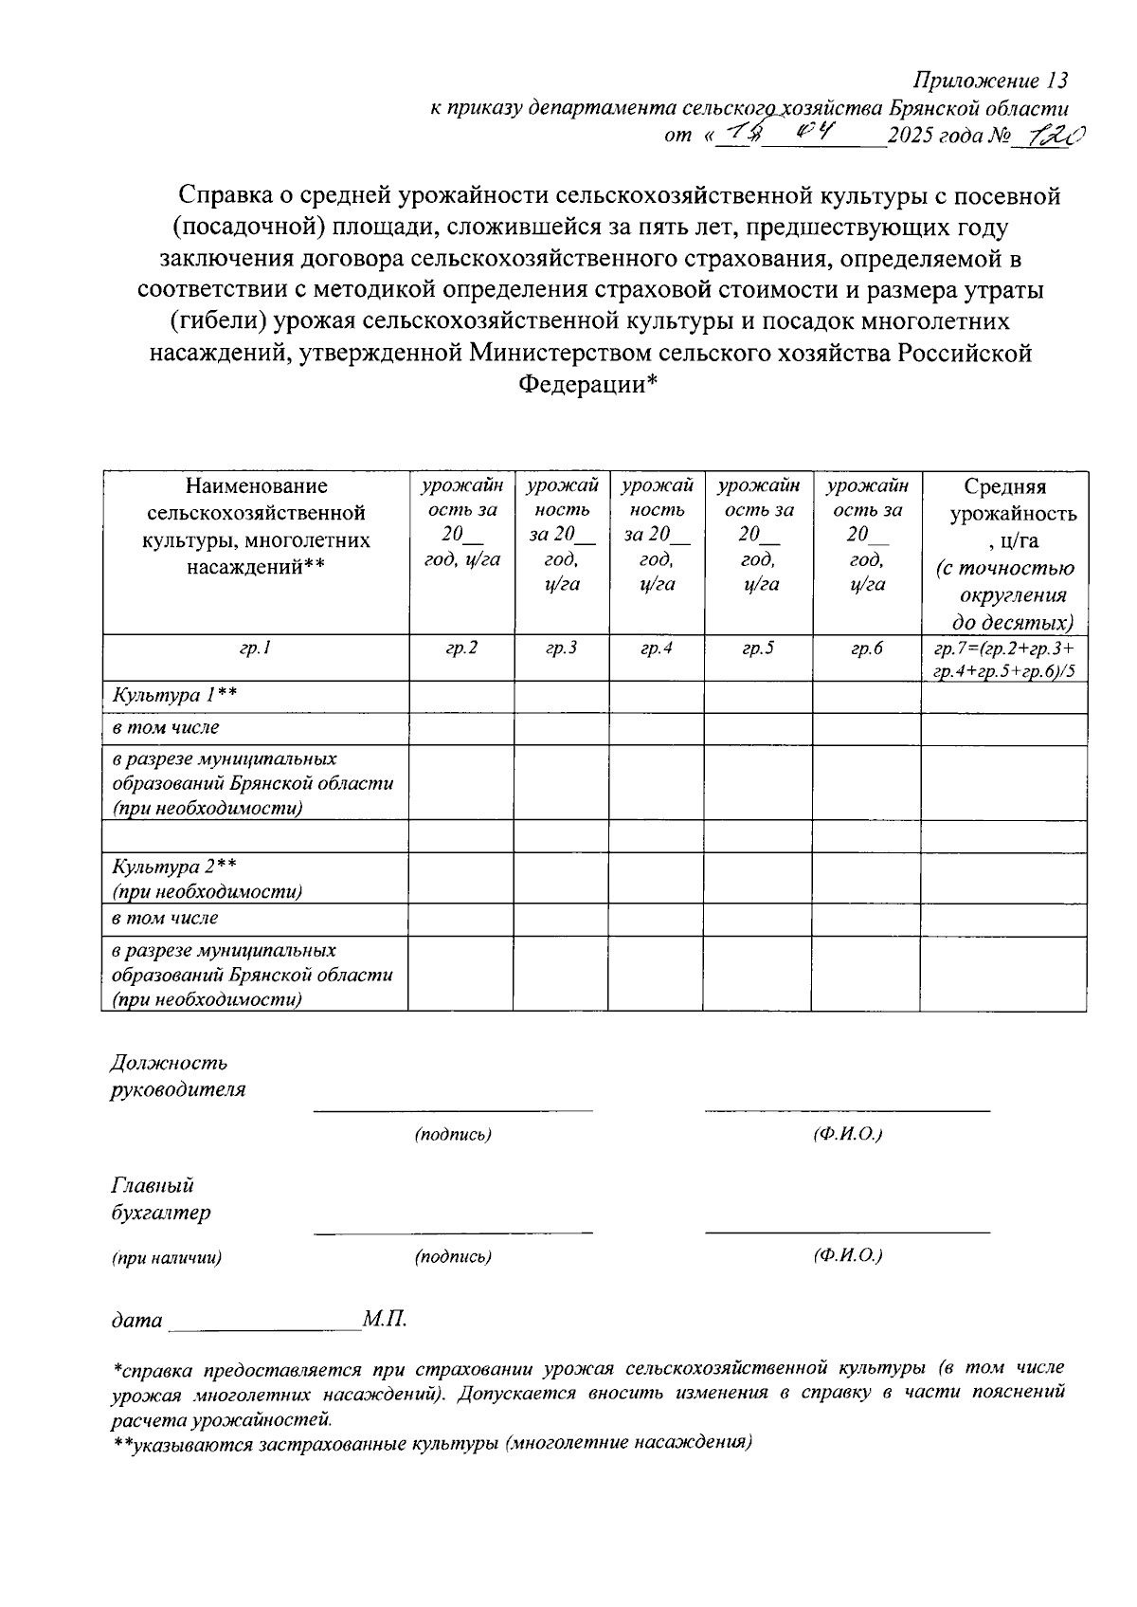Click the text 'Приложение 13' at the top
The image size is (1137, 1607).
click(989, 80)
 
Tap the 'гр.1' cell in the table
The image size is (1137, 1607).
click(255, 649)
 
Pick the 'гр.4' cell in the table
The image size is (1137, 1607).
click(657, 649)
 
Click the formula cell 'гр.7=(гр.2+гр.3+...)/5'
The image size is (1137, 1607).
click(1004, 660)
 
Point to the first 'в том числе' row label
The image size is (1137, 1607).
click(166, 728)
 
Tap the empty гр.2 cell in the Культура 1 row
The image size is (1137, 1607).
click(461, 696)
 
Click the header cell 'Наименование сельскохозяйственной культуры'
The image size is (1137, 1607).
click(256, 526)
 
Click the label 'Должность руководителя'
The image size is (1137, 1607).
click(177, 1077)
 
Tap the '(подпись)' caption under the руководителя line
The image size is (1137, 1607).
click(453, 1135)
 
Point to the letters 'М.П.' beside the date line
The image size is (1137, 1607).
click(384, 1320)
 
